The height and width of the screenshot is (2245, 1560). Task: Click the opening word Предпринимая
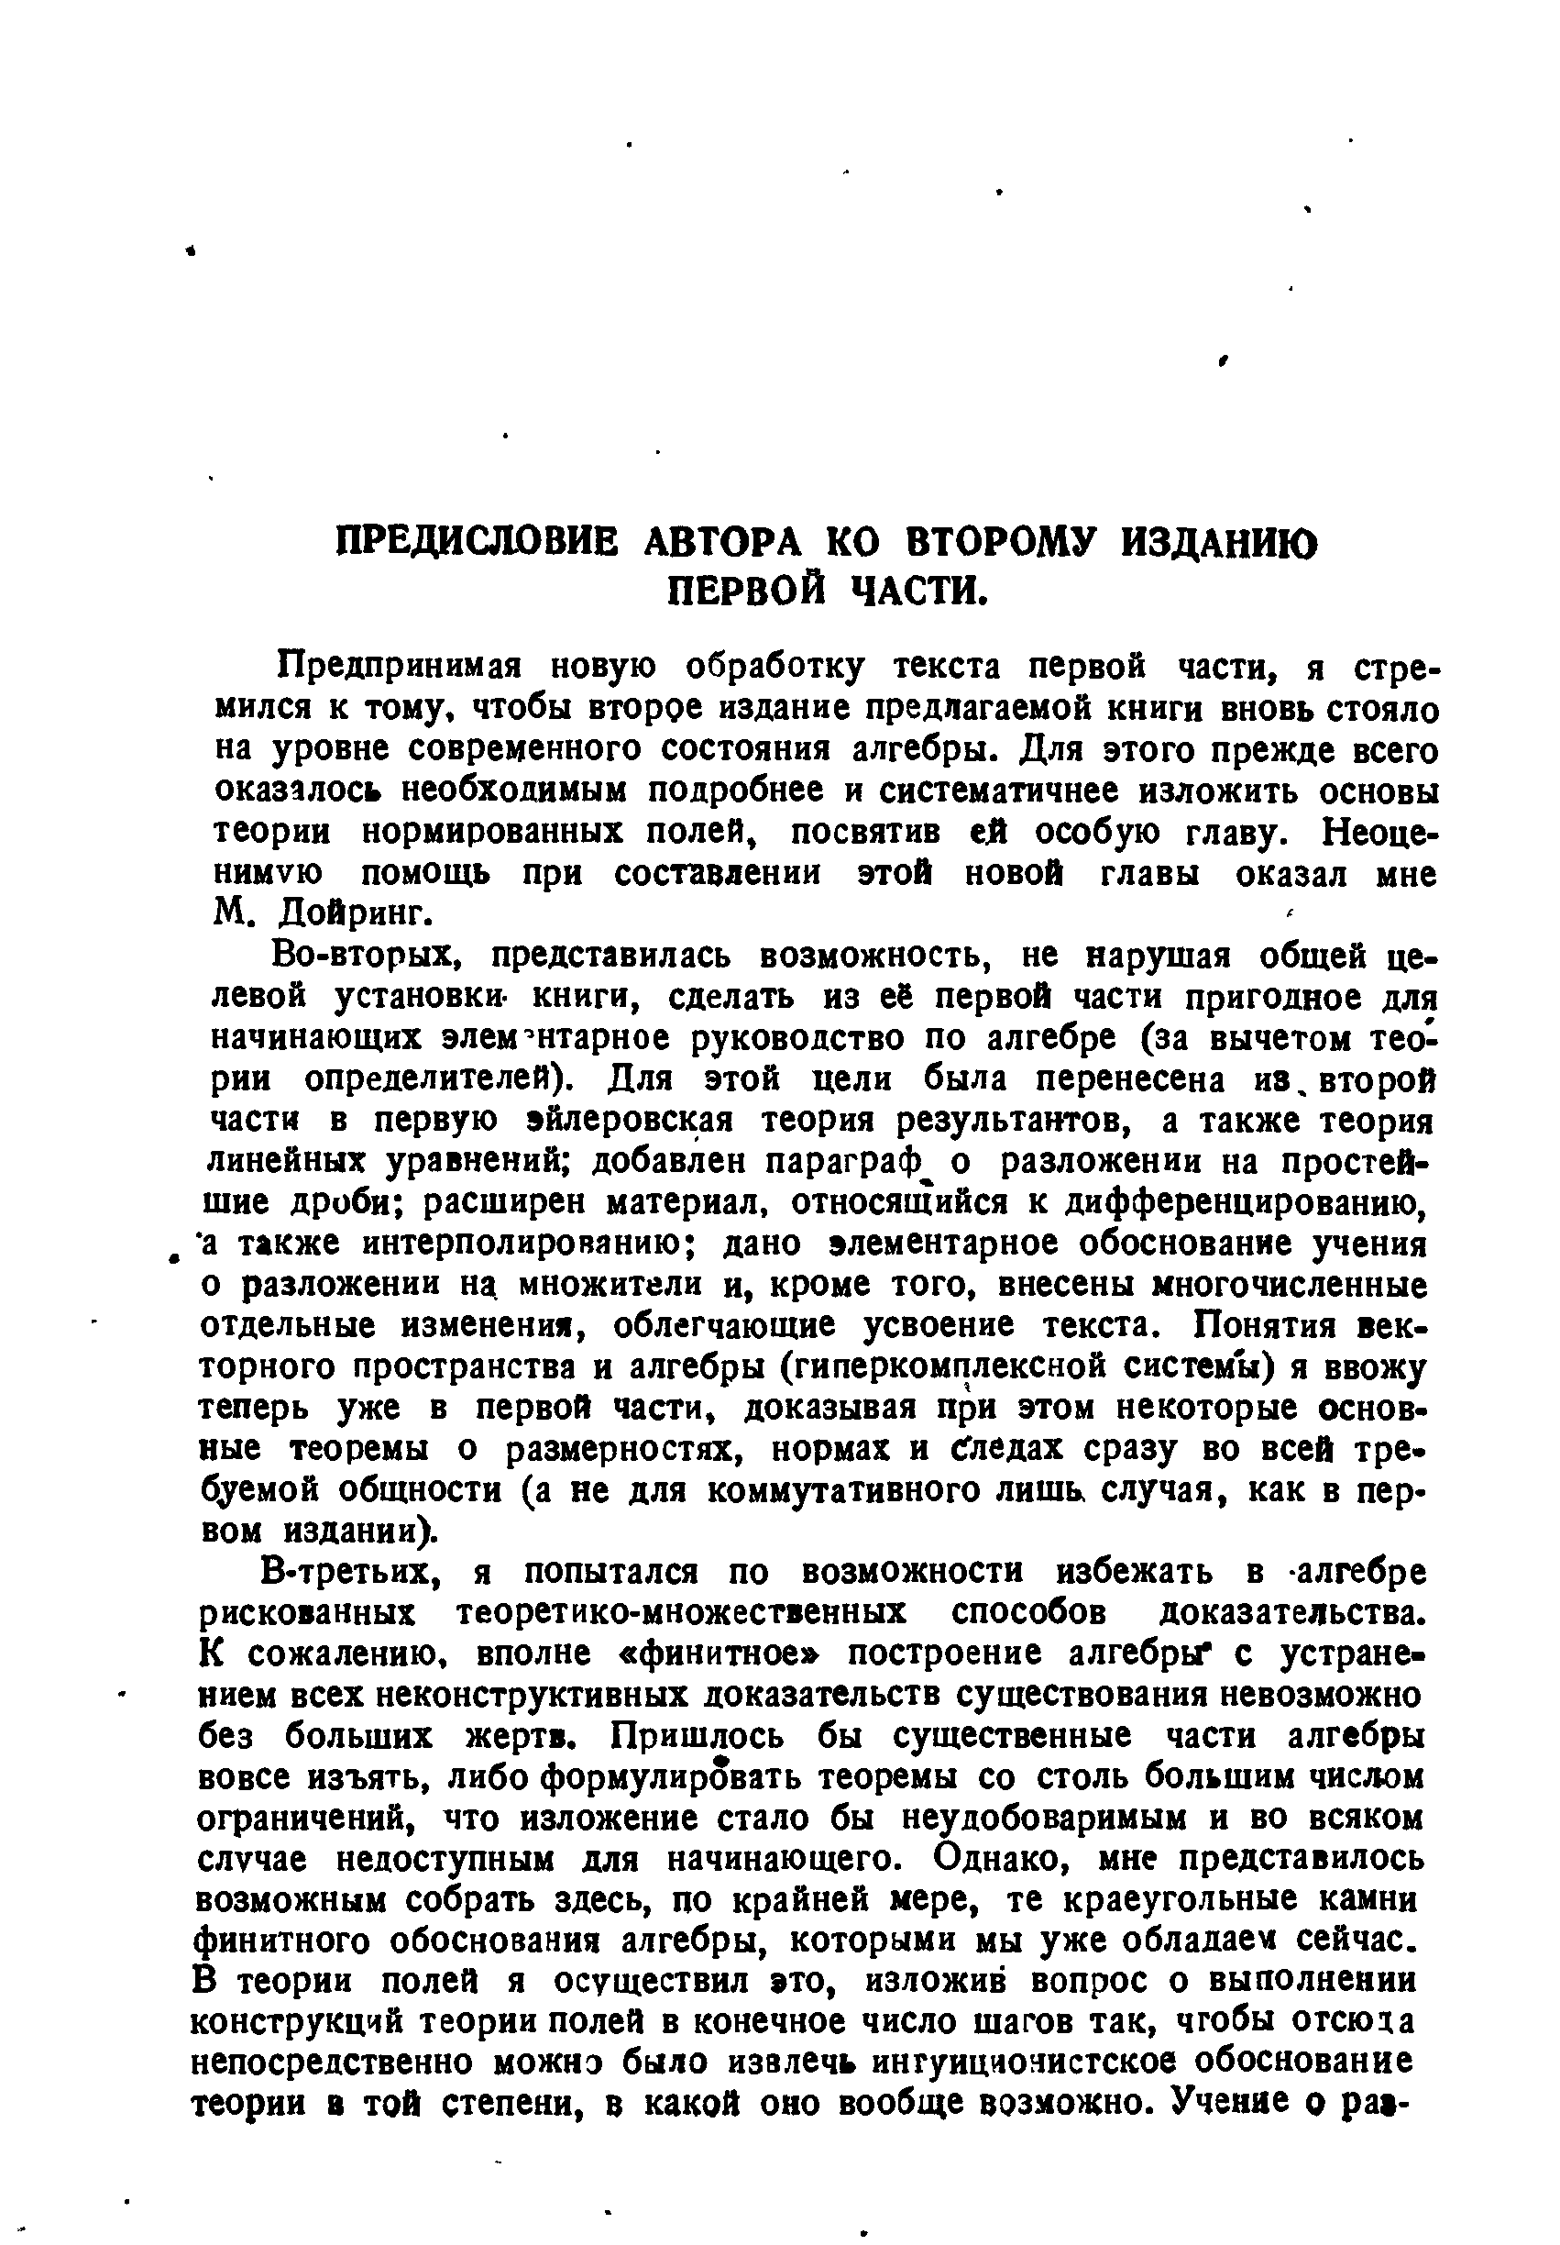(400, 667)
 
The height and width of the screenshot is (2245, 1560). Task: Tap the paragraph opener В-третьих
(356, 1571)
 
